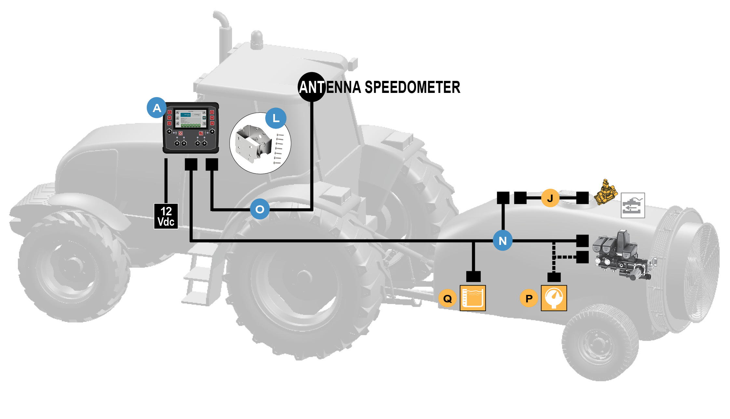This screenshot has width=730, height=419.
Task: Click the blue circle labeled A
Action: pos(157,108)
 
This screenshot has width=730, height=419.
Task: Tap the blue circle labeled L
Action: pos(276,118)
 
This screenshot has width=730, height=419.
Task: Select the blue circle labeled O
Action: pos(260,209)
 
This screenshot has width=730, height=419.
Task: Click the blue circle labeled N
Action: pos(503,241)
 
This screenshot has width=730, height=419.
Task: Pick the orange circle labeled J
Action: pos(550,198)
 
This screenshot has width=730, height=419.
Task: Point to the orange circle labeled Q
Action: pos(448,298)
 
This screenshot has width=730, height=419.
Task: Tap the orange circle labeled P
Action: pos(529,298)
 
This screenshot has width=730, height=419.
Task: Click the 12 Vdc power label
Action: pos(166,216)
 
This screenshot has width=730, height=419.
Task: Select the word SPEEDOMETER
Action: pos(412,87)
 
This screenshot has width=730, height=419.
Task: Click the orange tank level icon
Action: pos(473,298)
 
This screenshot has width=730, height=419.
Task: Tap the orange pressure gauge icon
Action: pos(554,298)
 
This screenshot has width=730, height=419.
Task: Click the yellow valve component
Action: pos(605,193)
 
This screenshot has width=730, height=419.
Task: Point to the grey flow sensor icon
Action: pos(633,206)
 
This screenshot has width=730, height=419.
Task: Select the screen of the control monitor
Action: pos(191,118)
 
